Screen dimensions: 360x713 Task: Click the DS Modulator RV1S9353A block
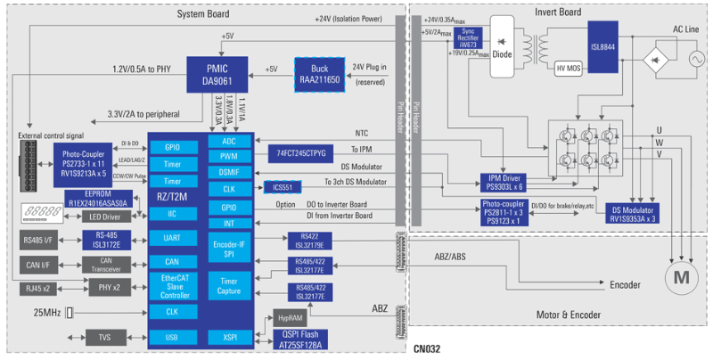[632, 213]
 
